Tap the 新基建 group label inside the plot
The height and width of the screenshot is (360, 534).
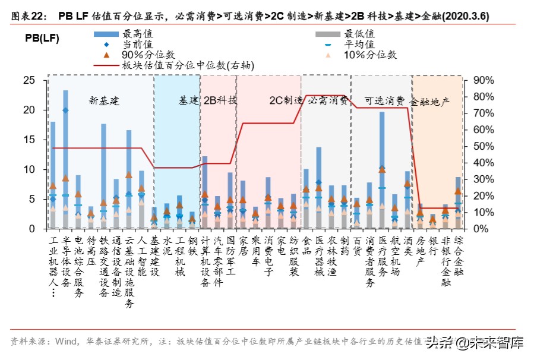(x=105, y=100)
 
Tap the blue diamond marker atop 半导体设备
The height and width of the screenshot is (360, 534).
(x=65, y=110)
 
